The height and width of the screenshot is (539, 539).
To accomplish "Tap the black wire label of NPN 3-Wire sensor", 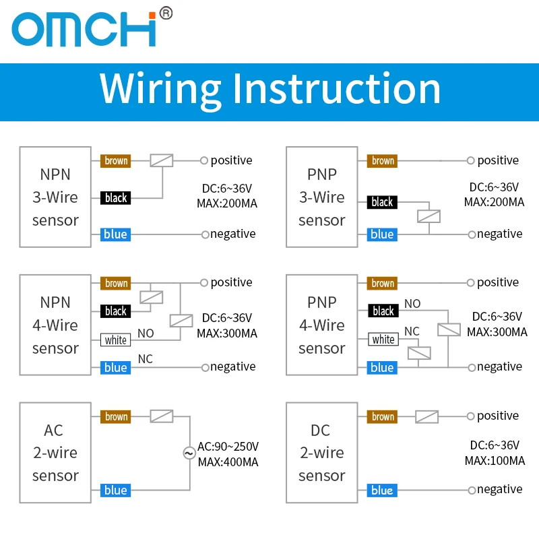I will click(116, 198).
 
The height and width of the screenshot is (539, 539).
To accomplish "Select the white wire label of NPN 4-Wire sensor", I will click(116, 340).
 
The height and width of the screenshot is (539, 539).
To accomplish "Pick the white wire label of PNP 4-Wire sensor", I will click(383, 340).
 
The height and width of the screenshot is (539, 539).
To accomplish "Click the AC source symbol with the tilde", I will click(189, 453).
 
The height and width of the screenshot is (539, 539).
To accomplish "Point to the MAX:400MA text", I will click(228, 462).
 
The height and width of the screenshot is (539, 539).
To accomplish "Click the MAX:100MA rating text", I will click(495, 461).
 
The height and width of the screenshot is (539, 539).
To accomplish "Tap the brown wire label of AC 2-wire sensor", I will click(116, 416).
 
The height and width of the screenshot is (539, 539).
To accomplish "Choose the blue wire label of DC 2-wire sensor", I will click(382, 490).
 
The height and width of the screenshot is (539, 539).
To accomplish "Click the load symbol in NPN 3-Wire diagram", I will click(162, 160).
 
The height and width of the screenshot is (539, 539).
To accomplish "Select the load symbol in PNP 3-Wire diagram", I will click(429, 216).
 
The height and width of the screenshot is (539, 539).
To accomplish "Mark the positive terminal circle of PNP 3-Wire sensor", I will click(470, 161).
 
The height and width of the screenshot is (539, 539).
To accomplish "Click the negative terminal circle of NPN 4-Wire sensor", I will click(204, 367).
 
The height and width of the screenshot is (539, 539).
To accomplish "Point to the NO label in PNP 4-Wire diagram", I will click(412, 304).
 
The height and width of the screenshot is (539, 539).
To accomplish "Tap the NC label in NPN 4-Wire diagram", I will click(145, 359).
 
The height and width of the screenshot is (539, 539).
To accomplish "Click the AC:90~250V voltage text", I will click(228, 447).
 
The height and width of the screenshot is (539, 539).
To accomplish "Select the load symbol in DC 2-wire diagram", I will click(427, 416).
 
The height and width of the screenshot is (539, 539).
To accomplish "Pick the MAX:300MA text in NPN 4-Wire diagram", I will click(227, 333).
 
